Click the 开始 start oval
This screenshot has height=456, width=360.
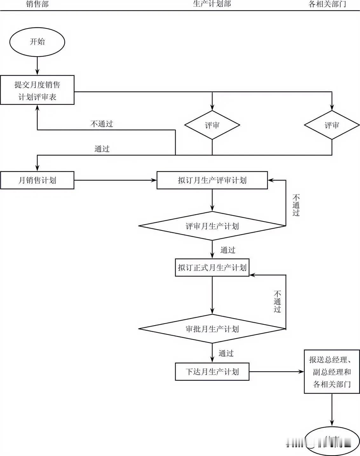[37, 42]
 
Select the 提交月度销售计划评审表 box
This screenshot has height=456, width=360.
[37, 90]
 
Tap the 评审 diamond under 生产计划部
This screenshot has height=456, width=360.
[212, 125]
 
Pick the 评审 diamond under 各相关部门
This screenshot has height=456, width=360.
[332, 125]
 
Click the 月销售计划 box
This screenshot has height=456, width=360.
[37, 180]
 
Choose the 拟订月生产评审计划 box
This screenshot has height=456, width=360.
[212, 180]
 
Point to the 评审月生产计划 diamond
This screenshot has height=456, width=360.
[212, 226]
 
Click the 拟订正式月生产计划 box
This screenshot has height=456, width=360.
[212, 268]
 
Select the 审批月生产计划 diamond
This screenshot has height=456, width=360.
[212, 329]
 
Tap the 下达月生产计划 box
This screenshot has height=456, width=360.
[212, 372]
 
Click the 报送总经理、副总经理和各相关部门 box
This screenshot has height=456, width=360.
[332, 372]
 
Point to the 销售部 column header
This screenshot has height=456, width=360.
[37, 4]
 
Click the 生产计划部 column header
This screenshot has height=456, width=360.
[212, 4]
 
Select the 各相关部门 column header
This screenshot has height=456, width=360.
[327, 4]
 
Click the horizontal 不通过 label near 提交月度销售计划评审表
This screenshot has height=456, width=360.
[102, 124]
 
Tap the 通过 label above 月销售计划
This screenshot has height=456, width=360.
[102, 149]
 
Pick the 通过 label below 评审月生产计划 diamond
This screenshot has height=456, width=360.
[228, 250]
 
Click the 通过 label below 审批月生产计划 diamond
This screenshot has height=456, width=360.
[226, 353]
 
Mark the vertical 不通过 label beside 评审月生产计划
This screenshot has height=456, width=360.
[296, 205]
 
